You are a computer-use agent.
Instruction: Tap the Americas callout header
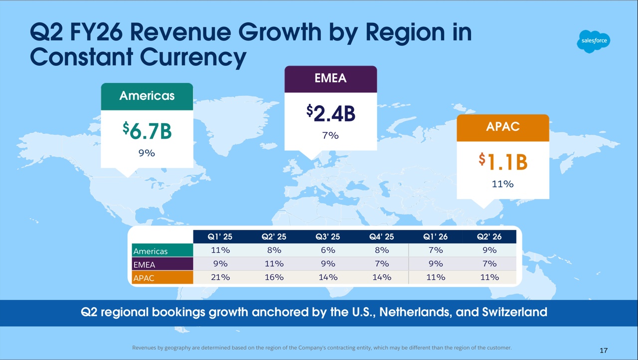point(147,96)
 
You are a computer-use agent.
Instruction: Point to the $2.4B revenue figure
point(330,113)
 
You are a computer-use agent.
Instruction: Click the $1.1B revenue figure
point(503,162)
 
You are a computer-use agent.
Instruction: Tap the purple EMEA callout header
point(330,79)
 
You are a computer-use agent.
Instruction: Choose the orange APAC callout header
point(503,127)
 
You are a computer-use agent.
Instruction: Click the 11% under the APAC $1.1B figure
point(502,184)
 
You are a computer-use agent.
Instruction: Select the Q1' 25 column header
point(220,237)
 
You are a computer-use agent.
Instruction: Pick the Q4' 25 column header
point(381,237)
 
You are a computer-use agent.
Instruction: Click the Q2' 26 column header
point(489,237)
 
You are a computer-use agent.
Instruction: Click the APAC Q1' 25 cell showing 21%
point(220,277)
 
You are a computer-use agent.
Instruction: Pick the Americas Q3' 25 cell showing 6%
point(327,250)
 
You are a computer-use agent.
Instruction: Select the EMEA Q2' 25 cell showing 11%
point(274,264)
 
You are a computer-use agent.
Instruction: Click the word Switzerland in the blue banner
point(514,313)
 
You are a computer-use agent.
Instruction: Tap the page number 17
point(604,351)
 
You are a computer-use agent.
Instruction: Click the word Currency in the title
point(193,57)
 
